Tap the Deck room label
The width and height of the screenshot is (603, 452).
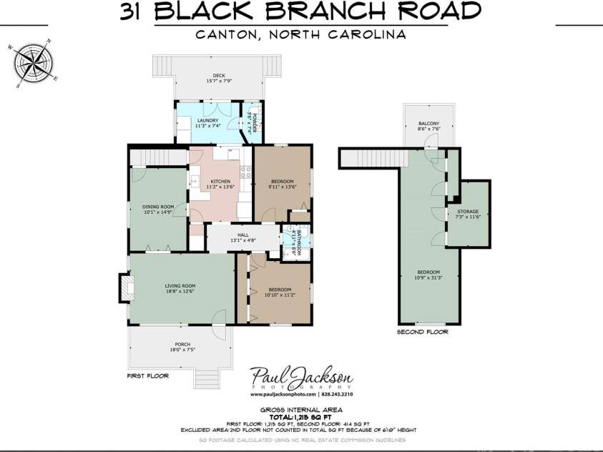click(219, 77)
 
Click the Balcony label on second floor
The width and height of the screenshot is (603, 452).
click(428, 126)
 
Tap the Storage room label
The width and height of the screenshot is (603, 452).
click(468, 214)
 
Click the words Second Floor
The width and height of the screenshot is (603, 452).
click(422, 333)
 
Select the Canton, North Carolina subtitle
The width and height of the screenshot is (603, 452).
click(300, 34)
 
